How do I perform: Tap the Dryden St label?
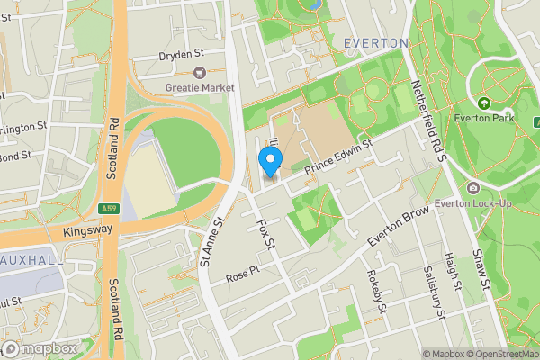click(181, 55)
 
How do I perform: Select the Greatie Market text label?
click(200, 87)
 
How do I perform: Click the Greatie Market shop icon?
click(200, 72)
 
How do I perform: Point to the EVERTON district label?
click(372, 43)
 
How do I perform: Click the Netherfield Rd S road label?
click(429, 113)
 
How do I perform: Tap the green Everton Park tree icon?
click(483, 103)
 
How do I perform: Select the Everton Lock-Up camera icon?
click(473, 187)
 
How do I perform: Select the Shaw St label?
click(482, 270)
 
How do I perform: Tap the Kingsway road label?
click(88, 231)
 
